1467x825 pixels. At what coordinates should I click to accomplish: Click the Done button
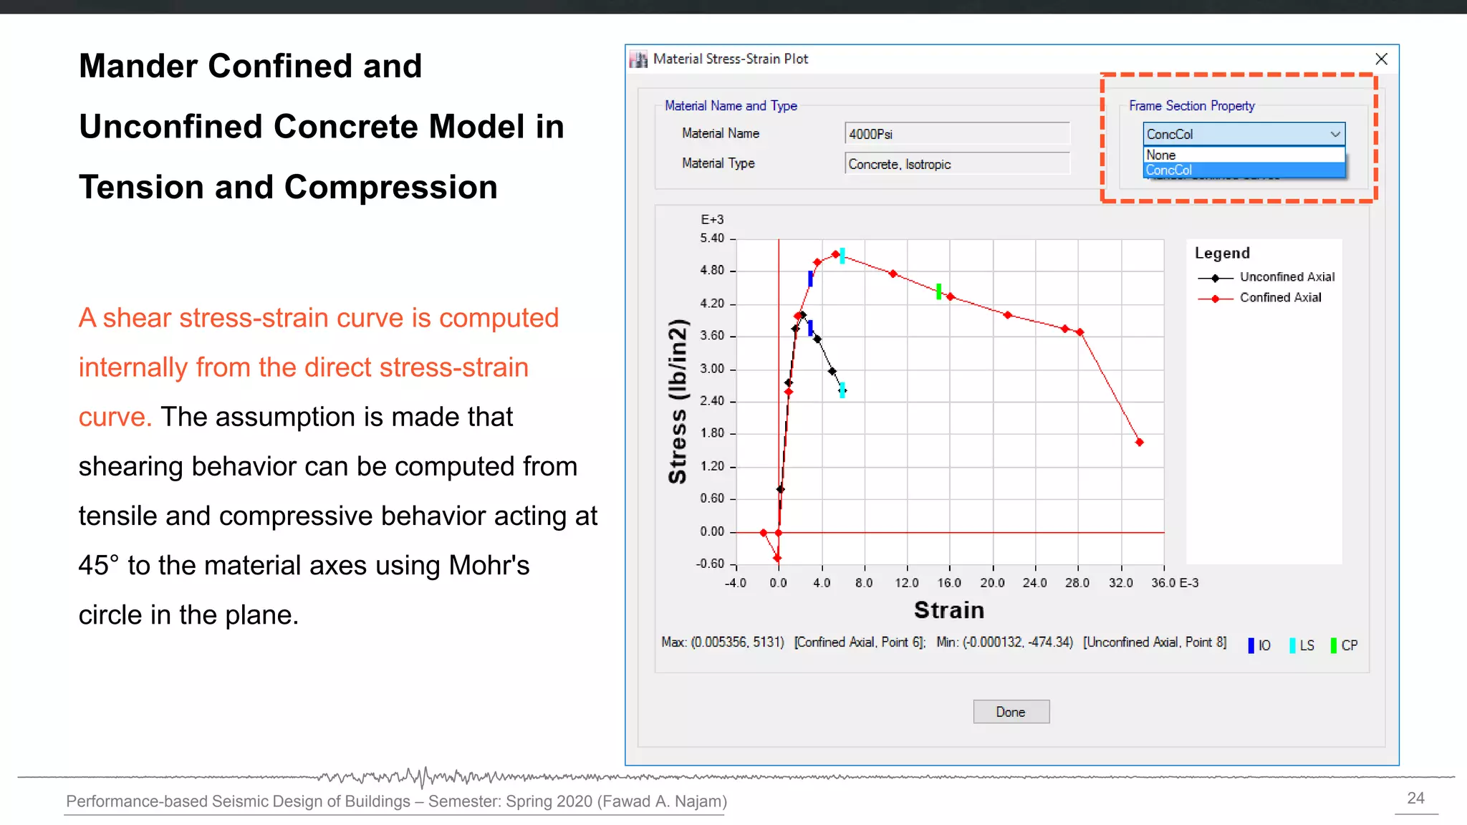click(1011, 712)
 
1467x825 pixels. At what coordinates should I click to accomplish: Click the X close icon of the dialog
click(1381, 59)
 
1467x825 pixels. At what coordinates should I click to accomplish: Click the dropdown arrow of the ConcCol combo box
click(1334, 134)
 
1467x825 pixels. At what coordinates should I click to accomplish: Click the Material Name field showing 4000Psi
click(956, 134)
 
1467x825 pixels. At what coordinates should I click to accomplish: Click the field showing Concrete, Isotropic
click(956, 164)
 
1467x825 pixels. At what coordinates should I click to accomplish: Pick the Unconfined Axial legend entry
click(1286, 277)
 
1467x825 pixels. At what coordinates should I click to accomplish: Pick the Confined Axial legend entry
click(1280, 298)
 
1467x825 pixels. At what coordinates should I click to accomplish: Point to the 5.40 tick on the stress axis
click(712, 238)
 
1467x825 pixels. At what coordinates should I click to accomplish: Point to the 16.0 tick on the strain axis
click(949, 583)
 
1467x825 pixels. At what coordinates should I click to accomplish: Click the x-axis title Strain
click(949, 610)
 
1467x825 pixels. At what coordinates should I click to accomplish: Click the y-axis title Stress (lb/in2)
click(678, 401)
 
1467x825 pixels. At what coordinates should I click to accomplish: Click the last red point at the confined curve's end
click(1139, 443)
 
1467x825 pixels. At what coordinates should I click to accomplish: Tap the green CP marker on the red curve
click(938, 291)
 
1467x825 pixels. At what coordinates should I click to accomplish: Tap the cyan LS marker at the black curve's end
click(842, 390)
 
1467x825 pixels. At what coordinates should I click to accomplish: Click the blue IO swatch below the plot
click(1251, 645)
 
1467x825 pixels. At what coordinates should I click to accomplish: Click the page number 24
click(1415, 798)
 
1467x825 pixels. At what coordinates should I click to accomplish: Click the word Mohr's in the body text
click(489, 566)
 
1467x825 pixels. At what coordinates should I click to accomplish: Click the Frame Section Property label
click(1191, 106)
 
